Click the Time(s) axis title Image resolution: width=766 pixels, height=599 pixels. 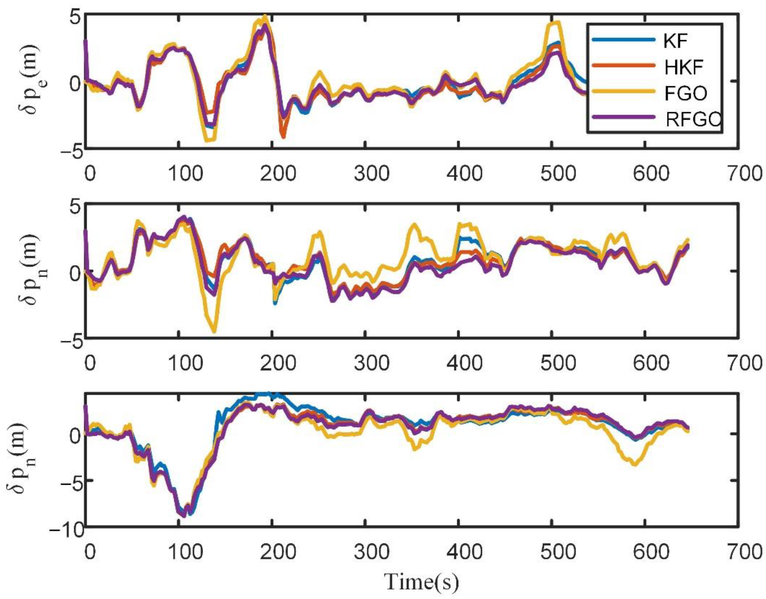[421, 583]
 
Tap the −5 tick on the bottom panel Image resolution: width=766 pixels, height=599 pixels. [72, 481]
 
